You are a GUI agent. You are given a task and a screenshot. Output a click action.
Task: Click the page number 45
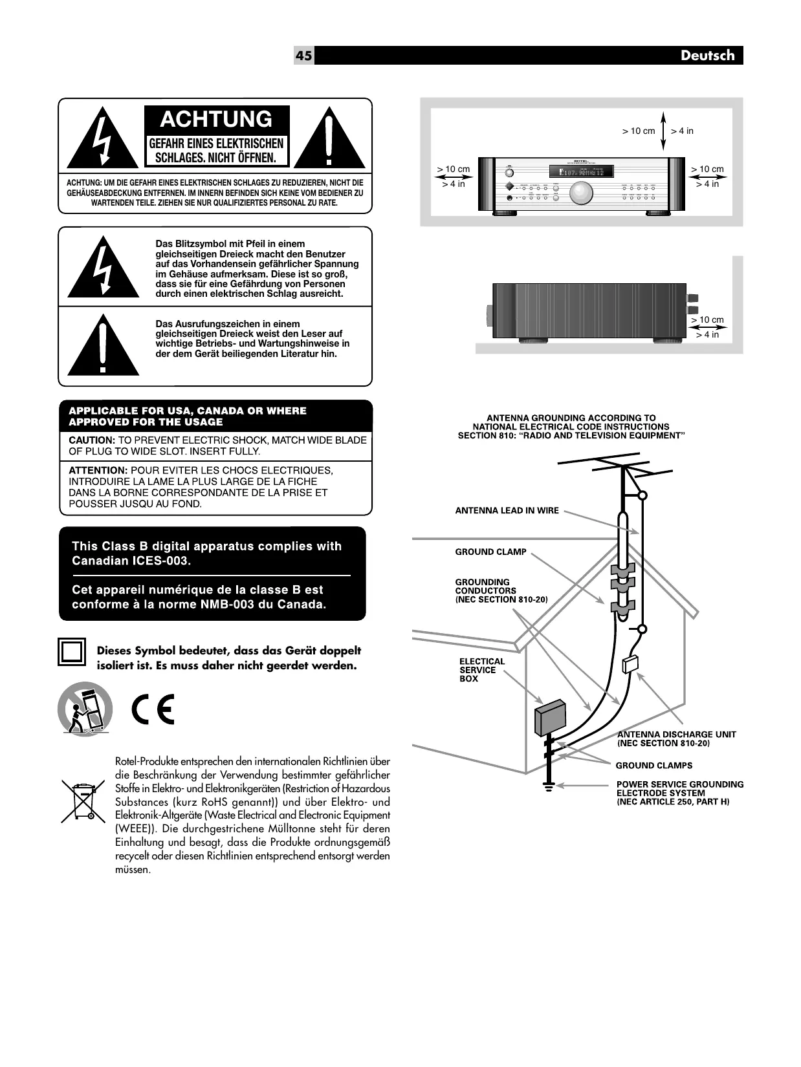[x=303, y=56]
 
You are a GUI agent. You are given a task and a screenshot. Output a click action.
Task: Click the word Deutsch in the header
[x=707, y=56]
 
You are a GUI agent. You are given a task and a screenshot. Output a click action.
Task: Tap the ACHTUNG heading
[x=216, y=120]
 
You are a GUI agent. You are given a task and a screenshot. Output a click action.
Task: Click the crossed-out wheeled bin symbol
[x=83, y=801]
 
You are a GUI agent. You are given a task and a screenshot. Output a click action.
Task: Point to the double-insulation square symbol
[x=71, y=652]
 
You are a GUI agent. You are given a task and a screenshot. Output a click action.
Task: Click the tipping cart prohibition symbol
[x=85, y=709]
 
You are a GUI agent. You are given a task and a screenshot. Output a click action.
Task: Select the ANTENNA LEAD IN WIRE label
[x=507, y=511]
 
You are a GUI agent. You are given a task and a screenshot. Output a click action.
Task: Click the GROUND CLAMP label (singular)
[x=490, y=552]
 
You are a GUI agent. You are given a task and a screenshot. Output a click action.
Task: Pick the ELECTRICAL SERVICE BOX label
[x=481, y=670]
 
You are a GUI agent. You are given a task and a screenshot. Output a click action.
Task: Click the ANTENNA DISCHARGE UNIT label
[x=676, y=735]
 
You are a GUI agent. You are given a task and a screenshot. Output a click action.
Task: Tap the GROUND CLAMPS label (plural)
[x=653, y=766]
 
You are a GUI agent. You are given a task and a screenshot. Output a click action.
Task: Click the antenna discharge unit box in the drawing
[x=630, y=664]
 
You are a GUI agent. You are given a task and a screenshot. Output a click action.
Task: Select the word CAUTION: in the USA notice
[x=91, y=440]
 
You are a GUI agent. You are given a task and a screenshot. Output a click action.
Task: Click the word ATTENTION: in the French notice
[x=98, y=471]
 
